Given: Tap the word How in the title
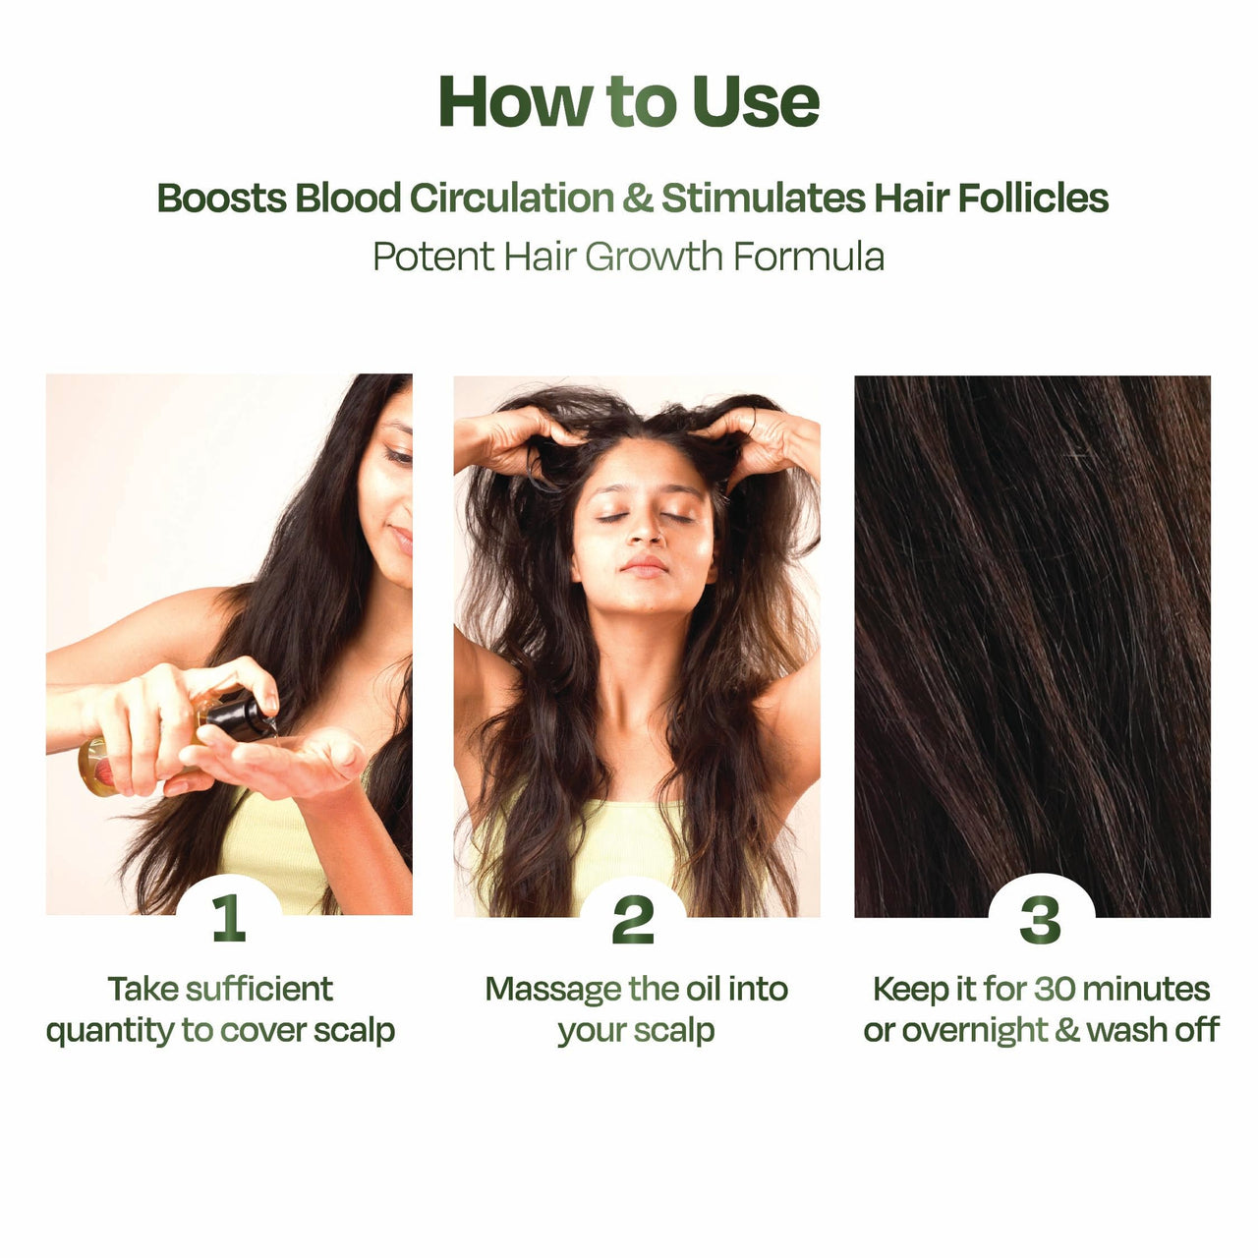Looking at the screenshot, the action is pyautogui.click(x=515, y=102).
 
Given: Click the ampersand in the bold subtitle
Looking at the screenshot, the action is pyautogui.click(x=637, y=198).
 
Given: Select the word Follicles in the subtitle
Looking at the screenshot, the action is pyautogui.click(x=1033, y=198).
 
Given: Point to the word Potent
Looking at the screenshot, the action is pyautogui.click(x=433, y=257).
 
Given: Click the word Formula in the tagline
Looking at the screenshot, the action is pyautogui.click(x=808, y=257).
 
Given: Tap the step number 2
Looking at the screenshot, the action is pyautogui.click(x=633, y=921).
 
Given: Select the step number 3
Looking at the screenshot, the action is pyautogui.click(x=1040, y=921).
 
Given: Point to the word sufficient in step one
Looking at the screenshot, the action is pyautogui.click(x=259, y=990).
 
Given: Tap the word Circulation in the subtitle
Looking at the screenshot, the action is pyautogui.click(x=511, y=198).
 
